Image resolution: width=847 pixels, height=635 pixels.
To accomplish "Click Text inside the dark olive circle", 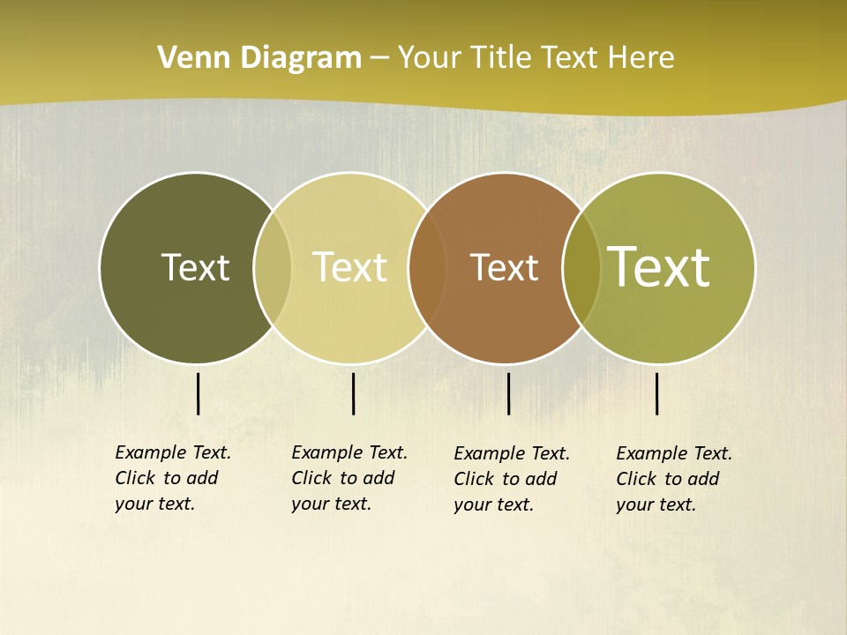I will click(x=195, y=267).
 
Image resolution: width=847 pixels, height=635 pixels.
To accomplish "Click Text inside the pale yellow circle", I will click(x=350, y=267).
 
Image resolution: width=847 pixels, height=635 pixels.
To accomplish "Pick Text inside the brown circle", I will click(x=504, y=267).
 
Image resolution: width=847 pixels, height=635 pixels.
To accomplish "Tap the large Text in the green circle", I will click(x=659, y=267).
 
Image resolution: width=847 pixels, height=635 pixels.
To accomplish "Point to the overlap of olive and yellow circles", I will click(x=273, y=268).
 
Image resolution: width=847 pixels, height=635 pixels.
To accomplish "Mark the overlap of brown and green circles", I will click(x=581, y=268).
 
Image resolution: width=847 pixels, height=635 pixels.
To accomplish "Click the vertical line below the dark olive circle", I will click(x=198, y=393).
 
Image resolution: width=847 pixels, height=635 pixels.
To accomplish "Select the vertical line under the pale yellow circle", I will click(x=353, y=393).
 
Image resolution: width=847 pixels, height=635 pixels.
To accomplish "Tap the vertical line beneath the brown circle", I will click(x=508, y=393).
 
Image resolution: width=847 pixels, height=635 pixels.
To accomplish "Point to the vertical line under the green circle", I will click(x=657, y=393).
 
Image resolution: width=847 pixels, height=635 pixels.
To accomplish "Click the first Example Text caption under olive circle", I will click(x=173, y=478).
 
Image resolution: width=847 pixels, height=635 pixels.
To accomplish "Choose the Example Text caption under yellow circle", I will click(x=349, y=478).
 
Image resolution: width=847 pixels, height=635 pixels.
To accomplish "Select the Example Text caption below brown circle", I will click(x=512, y=479).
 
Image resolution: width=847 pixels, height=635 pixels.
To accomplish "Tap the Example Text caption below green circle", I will click(x=674, y=479).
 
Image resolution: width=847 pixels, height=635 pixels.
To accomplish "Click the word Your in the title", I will click(x=431, y=58).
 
